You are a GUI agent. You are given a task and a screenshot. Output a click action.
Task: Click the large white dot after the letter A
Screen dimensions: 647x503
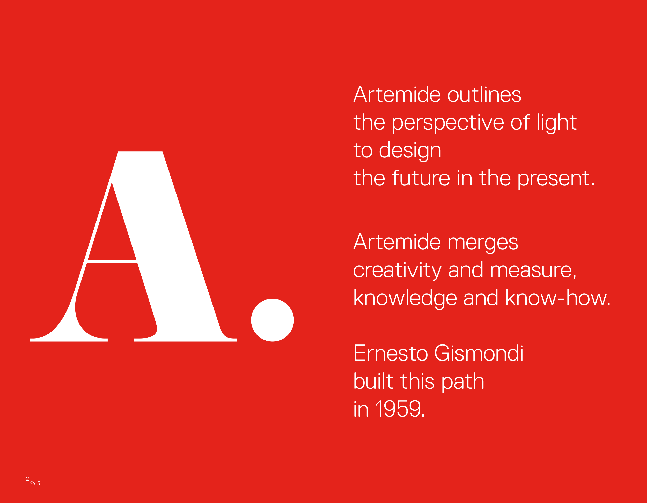coord(272,320)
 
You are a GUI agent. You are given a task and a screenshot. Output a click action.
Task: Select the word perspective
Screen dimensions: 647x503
coord(448,123)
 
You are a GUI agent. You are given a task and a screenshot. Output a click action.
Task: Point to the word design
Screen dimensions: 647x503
coord(410,151)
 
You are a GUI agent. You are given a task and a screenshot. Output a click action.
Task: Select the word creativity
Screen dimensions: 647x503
coord(397,270)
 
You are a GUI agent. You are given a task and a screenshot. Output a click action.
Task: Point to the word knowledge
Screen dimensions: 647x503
coord(405,298)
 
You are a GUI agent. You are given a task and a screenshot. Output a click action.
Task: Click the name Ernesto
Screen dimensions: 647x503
coord(391,353)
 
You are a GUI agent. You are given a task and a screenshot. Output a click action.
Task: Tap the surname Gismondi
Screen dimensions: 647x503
coord(479,353)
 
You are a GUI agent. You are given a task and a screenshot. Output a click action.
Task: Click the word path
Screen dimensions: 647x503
coord(463,382)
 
